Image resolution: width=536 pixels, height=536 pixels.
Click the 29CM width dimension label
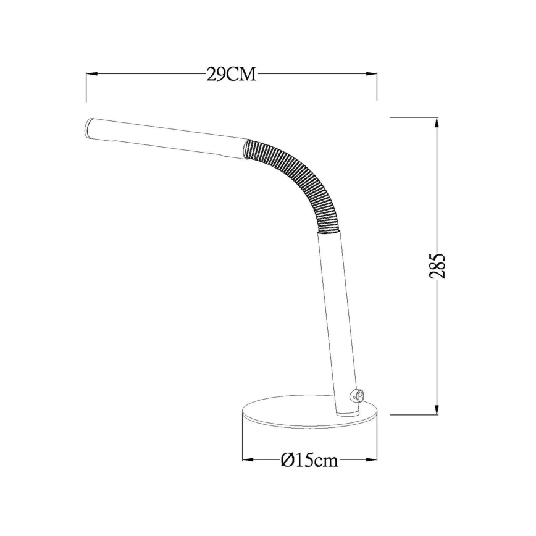coord(231,75)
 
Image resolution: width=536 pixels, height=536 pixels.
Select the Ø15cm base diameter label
coord(309,460)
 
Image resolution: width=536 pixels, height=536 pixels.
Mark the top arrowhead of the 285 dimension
coord(437,122)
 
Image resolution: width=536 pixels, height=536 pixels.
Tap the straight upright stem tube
coord(337,321)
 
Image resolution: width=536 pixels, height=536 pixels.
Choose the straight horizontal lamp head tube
coord(167,138)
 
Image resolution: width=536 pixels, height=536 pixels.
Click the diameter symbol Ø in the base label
coord(286,460)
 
